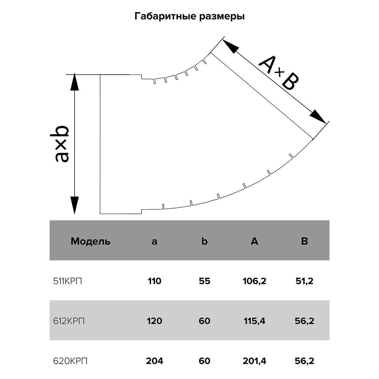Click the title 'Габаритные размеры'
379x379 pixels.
(189, 16)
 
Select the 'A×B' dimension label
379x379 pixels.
(279, 73)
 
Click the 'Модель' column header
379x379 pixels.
(91, 241)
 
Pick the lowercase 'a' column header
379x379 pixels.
(154, 242)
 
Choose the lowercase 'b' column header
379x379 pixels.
(204, 241)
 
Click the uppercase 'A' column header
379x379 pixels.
(254, 241)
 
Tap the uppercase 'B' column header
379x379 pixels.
(304, 241)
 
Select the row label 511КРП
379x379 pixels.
(67, 281)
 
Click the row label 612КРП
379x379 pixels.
(69, 321)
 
